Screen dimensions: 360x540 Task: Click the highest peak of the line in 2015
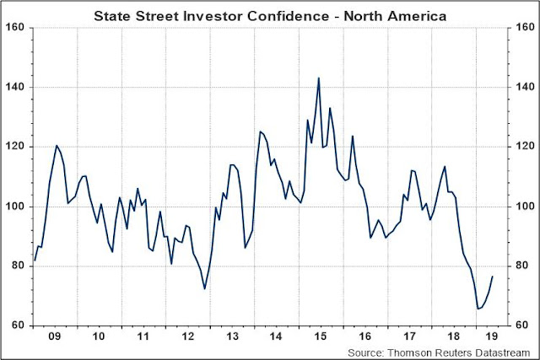coord(318,78)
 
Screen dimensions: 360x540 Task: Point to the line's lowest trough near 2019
coord(478,309)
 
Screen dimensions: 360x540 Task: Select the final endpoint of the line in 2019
coord(493,277)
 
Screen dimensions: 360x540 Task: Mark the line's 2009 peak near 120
coord(57,146)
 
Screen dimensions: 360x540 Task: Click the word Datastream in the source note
coord(504,351)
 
